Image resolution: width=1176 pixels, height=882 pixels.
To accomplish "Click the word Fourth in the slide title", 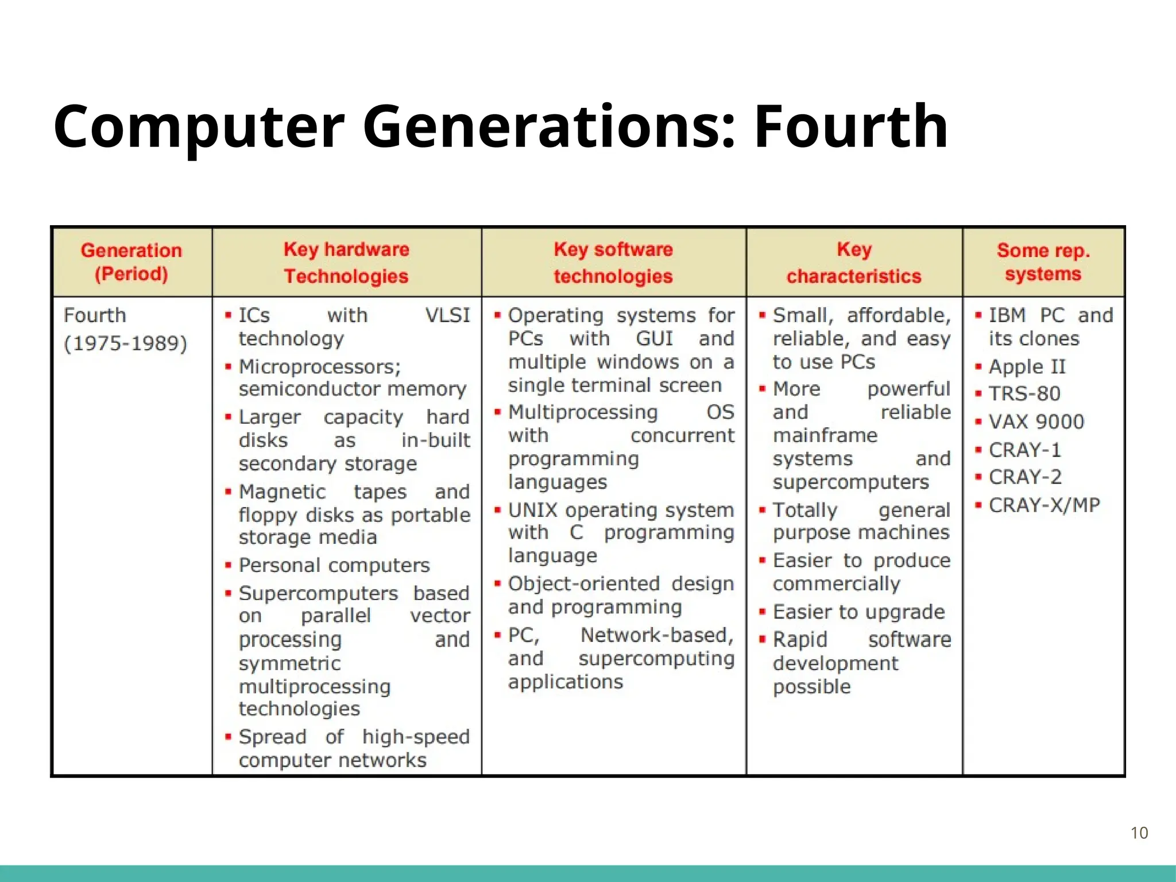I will coord(850,127).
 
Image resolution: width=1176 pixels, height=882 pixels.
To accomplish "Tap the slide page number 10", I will coord(1139,833).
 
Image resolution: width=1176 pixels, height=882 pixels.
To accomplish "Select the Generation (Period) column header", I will coord(131,262).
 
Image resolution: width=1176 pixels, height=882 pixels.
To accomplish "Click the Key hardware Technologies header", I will coord(346,262).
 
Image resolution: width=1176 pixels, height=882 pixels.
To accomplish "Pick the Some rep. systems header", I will coord(1043,262).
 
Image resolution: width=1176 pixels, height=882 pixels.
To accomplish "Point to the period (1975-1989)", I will coord(126,343).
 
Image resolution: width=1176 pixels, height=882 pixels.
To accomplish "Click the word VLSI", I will coord(447,315).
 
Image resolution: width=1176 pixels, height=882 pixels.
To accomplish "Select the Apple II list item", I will coord(1027,366).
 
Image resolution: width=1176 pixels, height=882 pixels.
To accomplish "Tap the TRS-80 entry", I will coord(1024,394).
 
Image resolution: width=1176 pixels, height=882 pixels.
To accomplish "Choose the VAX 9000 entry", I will coord(1036,422).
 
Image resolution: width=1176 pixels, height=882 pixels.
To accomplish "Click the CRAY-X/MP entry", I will coord(1044,505).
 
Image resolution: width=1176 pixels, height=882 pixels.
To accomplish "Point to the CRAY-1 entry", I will coord(1024,450).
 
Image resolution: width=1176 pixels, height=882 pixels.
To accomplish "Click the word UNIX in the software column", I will coord(533,510).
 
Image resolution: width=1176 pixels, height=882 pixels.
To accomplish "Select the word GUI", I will coord(654,338).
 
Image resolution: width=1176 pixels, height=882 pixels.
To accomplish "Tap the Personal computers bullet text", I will coord(334,566).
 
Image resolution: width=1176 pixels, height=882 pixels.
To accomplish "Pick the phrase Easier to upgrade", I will coord(858,612).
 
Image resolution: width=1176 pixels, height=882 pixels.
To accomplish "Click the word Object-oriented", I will coord(584,584).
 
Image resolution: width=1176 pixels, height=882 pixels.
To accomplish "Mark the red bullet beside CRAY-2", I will coord(978,477).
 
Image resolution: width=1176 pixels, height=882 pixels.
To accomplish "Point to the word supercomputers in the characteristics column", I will coord(850,482).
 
